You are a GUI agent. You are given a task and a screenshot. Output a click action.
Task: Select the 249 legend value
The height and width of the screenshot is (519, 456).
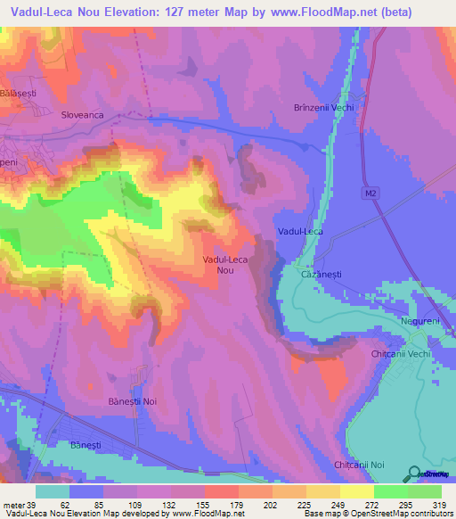tap(323, 504)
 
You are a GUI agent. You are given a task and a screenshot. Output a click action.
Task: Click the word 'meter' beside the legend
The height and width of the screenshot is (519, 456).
tap(12, 504)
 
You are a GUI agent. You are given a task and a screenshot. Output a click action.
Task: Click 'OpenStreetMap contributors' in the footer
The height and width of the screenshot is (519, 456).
tap(398, 514)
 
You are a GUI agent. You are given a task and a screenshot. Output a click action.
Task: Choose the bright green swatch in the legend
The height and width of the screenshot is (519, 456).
tap(391, 491)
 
